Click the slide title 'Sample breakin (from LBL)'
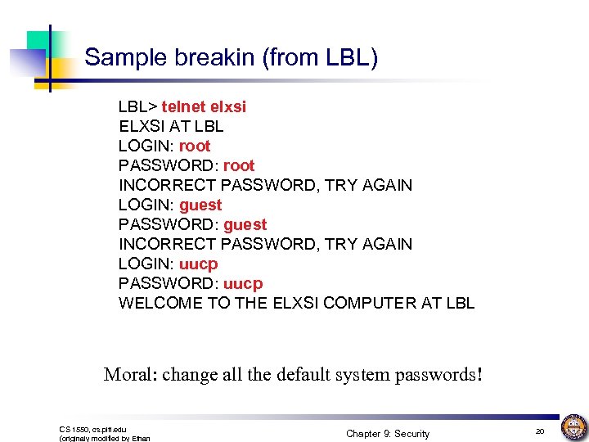pos(231,57)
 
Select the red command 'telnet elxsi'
pos(204,106)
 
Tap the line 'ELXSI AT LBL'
pos(171,126)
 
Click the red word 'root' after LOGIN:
pos(195,146)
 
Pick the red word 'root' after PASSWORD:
pos(239,165)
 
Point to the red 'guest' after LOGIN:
pos(200,205)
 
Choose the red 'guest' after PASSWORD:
pos(245,224)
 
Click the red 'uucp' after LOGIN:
pos(199,264)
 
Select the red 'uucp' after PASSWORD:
pos(243,283)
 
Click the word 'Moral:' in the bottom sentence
pos(130,375)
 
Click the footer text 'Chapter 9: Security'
pos(387,433)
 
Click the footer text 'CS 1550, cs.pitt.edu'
pos(93,429)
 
